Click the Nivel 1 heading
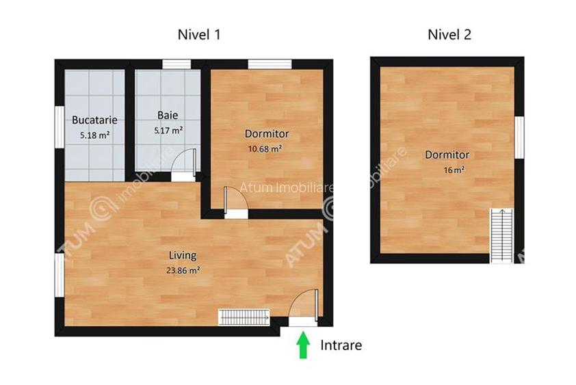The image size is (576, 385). (198, 34)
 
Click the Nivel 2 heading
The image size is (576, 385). (449, 34)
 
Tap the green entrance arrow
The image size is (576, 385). (301, 345)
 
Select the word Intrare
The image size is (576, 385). (341, 345)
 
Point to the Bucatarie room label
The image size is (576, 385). (94, 120)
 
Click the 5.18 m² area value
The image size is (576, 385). (94, 135)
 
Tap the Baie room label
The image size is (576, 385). (168, 115)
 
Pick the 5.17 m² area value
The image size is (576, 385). (168, 130)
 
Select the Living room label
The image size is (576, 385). (183, 255)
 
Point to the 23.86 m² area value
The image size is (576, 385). (183, 270)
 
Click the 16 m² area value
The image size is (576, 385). (454, 170)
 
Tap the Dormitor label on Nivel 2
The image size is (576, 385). (447, 155)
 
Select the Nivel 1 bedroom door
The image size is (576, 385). (233, 202)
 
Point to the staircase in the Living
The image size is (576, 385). (244, 317)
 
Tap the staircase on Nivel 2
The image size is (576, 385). (501, 235)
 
